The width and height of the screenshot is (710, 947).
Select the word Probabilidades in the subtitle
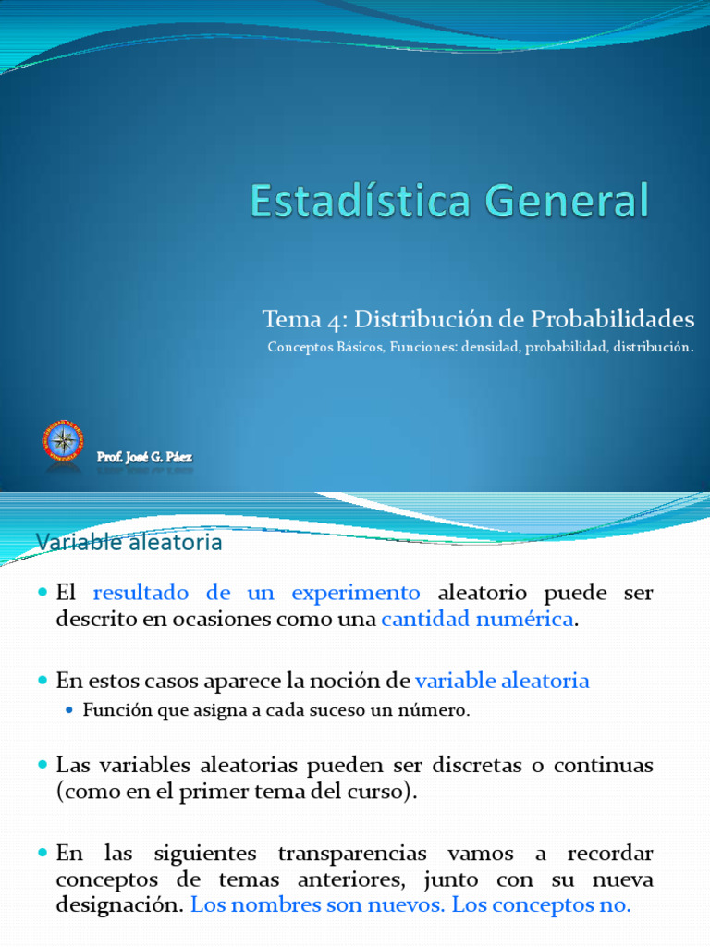coord(612,320)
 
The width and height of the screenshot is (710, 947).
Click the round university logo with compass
coord(62,441)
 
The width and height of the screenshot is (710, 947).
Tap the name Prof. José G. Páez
coord(145,456)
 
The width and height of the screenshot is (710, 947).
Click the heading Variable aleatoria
coord(129,542)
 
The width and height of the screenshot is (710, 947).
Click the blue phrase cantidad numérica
coord(477,619)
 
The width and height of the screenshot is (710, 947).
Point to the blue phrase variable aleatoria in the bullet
coord(502,681)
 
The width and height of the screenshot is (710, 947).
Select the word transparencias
coord(347,852)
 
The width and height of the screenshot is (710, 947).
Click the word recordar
coord(612,852)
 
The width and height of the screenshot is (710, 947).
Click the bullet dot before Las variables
coord(43,766)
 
